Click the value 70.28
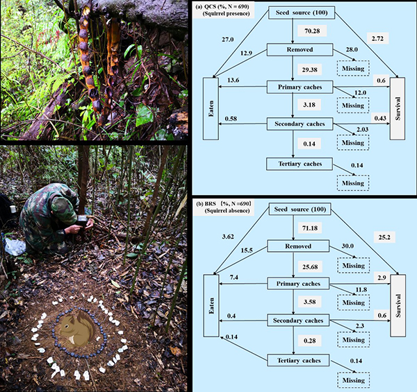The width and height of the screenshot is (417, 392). click(x=309, y=31)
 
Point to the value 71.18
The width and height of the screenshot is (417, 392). click(x=310, y=228)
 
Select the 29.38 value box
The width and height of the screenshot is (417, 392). click(x=309, y=70)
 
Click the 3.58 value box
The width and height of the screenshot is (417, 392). click(x=310, y=303)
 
